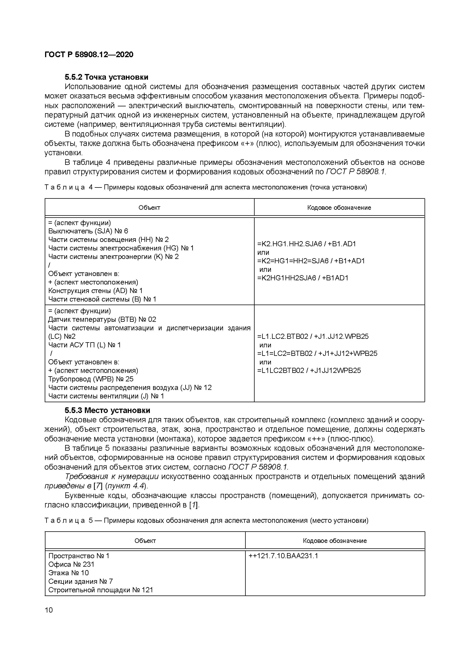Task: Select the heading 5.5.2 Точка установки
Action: [106, 77]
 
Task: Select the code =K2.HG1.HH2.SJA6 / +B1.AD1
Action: [307, 244]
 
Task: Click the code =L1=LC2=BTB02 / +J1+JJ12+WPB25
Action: [317, 353]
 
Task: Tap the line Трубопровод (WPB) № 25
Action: [91, 379]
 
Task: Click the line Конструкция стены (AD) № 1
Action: [95, 291]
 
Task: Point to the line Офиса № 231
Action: [71, 564]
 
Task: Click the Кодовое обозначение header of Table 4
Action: [339, 208]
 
